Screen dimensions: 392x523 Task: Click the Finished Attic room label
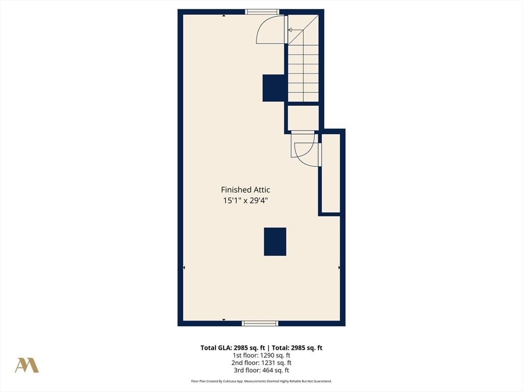(x=245, y=190)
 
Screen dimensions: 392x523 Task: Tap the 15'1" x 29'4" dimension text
(x=245, y=201)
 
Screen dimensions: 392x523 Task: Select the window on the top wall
(x=262, y=12)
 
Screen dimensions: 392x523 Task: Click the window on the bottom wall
(x=260, y=323)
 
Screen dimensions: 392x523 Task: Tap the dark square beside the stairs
(x=273, y=88)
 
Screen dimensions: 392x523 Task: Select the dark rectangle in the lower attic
(x=275, y=241)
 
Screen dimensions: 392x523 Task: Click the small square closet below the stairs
(x=303, y=118)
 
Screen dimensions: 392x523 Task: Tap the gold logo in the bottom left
(x=27, y=365)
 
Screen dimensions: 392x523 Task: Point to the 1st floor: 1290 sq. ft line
(x=261, y=355)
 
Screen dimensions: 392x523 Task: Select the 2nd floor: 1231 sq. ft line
(x=261, y=363)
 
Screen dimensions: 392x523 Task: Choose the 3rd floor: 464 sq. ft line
(x=261, y=371)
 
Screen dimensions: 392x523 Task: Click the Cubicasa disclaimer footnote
(x=261, y=381)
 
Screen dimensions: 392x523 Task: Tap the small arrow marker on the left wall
(x=184, y=267)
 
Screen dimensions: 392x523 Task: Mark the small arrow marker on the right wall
(x=339, y=267)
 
